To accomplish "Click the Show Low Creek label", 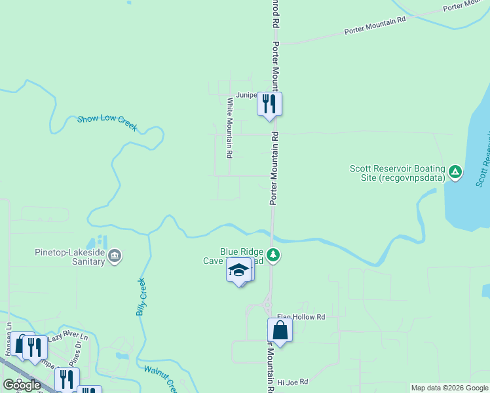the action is point(107,122).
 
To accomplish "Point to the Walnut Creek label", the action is point(160,377).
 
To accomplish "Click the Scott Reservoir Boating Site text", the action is point(397,173).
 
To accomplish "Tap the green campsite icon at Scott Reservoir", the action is point(455,173).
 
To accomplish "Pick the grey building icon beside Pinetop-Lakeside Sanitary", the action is point(115,255).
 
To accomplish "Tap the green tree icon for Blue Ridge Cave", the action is point(274,255).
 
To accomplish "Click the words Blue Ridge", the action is point(242,251).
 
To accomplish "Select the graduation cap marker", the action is point(239,270).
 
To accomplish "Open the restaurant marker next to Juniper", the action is point(269,103).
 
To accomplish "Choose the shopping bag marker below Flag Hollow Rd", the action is point(280,330).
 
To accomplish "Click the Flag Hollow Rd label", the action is point(301,317).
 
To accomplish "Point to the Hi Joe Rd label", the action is point(292,381).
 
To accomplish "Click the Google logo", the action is point(22,385).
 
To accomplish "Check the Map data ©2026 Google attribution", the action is point(449,388).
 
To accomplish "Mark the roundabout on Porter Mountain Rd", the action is point(267,303).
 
